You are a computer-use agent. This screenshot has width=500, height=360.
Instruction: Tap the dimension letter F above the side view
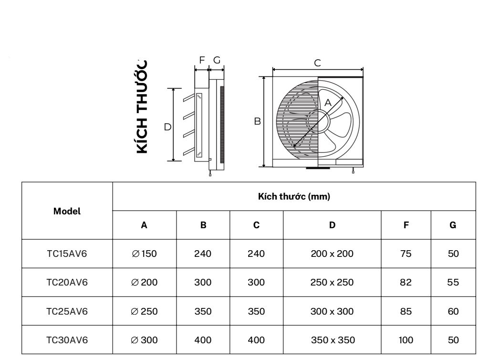(x=202, y=60)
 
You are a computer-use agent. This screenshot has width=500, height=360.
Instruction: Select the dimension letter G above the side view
(x=217, y=60)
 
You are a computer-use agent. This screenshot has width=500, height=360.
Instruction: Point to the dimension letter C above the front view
(x=317, y=63)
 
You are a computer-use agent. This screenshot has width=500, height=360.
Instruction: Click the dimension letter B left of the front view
(x=257, y=122)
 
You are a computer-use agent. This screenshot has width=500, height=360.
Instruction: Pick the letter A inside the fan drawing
(x=328, y=102)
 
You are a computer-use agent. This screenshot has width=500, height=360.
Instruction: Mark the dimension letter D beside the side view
(x=167, y=127)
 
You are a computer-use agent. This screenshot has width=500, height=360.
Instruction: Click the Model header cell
(x=67, y=211)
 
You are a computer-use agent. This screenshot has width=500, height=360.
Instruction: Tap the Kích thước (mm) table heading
(x=294, y=197)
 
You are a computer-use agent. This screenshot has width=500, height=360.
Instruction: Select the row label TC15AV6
(x=67, y=254)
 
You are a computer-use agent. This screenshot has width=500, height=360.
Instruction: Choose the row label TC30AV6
(x=67, y=340)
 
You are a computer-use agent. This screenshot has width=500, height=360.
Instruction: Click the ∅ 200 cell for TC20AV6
(x=144, y=283)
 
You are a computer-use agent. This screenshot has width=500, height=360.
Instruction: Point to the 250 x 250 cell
(x=332, y=283)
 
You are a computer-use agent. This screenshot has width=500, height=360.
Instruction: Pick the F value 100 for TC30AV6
(x=406, y=340)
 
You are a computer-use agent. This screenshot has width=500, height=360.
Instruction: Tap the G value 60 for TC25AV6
(x=453, y=312)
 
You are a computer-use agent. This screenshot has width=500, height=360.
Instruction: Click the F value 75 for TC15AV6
(x=406, y=254)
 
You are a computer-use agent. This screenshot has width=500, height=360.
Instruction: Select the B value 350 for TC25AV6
(x=203, y=312)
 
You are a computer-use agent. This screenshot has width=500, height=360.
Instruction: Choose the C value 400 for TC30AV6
(x=256, y=340)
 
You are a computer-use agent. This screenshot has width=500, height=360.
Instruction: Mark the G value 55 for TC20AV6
(x=453, y=283)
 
